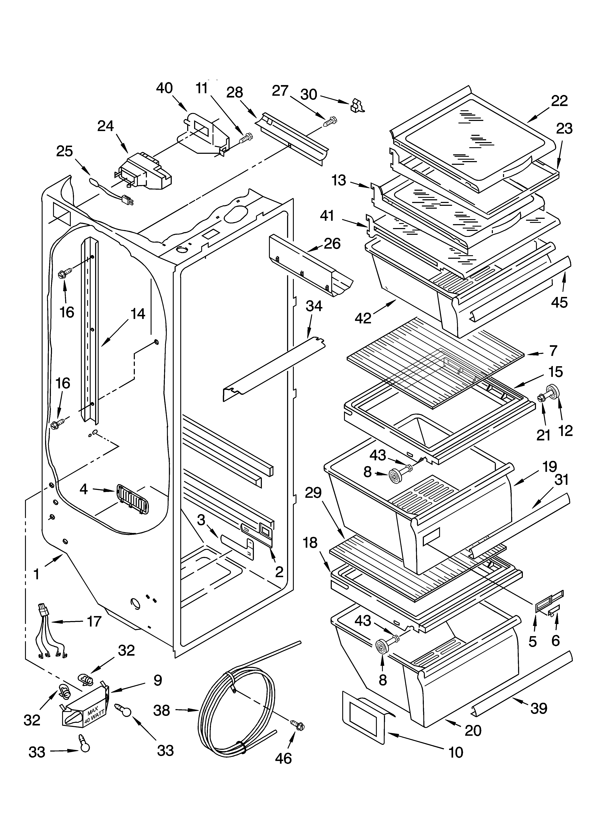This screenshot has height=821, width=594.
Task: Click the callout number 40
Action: tap(164, 88)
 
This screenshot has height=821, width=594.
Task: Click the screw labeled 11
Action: tap(247, 138)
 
